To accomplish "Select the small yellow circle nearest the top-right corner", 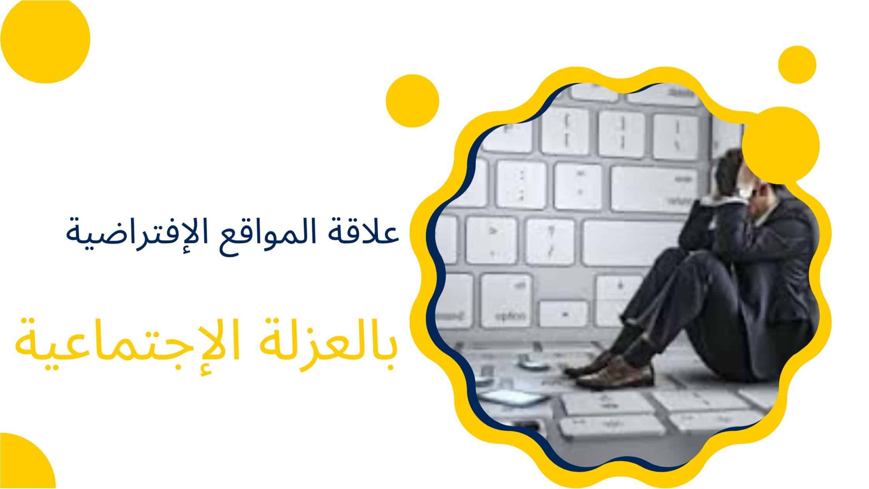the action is pyautogui.click(x=797, y=64).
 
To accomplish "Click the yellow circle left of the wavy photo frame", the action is pyautogui.click(x=412, y=101).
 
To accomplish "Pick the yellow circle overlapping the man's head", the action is pyautogui.click(x=781, y=146).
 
